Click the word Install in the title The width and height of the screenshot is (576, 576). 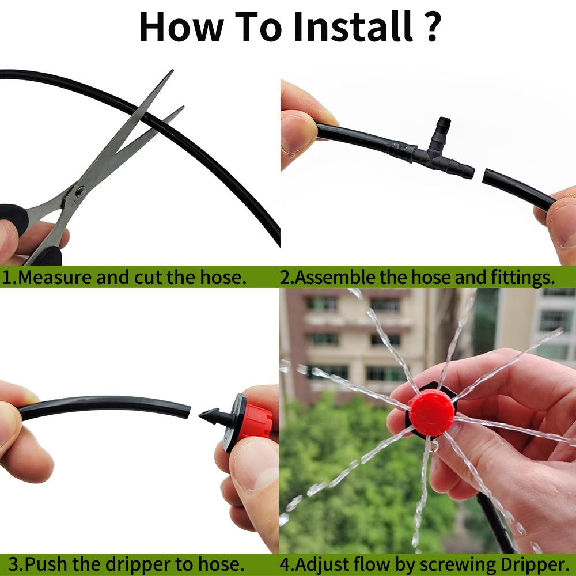353,26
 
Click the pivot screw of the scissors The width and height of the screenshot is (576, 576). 81,191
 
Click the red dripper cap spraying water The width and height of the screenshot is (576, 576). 431,412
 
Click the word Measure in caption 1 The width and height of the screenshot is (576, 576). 53,277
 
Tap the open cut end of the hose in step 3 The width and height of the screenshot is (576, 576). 185,411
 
